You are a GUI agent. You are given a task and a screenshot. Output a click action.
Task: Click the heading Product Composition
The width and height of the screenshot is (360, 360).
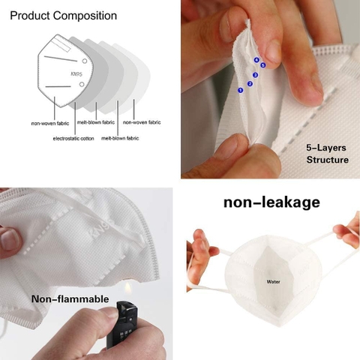[64, 16]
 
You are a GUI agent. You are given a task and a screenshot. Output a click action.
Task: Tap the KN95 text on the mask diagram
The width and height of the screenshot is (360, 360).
[76, 74]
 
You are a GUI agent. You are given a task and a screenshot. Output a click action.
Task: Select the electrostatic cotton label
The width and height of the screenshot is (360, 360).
[73, 138]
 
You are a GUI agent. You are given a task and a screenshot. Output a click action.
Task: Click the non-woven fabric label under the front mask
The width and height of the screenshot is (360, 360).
[50, 123]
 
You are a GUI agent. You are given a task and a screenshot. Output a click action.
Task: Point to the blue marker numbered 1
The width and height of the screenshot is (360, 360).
[241, 90]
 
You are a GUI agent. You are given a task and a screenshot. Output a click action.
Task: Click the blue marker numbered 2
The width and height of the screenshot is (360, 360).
[250, 84]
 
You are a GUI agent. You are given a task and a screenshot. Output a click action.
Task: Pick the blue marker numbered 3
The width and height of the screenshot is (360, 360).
[255, 75]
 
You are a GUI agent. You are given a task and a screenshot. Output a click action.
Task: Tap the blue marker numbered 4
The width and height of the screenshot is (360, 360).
[256, 60]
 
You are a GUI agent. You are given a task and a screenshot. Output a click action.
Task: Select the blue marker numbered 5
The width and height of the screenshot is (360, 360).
[262, 65]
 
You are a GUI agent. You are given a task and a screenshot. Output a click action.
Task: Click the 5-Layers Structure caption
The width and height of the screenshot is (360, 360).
[327, 154]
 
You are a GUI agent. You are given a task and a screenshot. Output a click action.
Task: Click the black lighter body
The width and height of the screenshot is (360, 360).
[122, 325]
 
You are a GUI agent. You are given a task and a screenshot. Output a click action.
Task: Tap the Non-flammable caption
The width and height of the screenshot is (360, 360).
[70, 299]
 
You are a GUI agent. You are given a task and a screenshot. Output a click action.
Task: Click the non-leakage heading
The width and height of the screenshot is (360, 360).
[271, 202]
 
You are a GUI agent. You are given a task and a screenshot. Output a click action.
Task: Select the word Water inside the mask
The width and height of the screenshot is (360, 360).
[273, 282]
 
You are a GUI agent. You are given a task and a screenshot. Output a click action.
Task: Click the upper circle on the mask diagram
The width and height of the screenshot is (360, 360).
[85, 61]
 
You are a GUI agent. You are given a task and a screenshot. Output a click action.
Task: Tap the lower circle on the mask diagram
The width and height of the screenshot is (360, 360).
[82, 84]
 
